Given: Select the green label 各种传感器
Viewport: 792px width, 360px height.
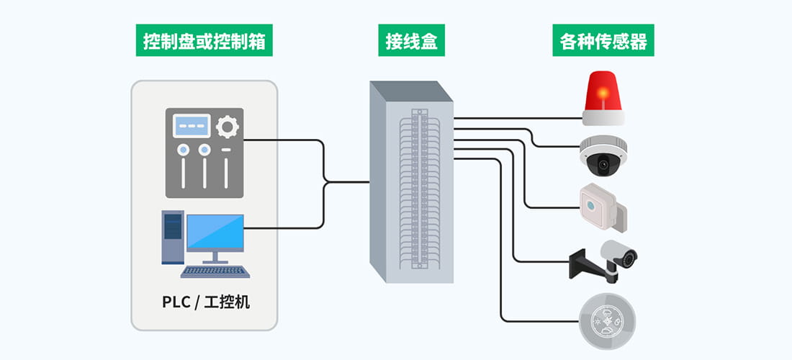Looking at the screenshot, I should point(603,42).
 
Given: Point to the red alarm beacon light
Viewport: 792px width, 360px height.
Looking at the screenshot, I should point(603,92).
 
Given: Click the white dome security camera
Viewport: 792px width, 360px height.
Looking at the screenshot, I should point(604,154).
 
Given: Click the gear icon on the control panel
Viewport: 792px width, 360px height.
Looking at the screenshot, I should point(228,127).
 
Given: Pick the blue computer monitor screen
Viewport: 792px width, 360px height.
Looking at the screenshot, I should point(215,232).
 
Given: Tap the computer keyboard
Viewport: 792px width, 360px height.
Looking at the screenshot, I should point(215,271).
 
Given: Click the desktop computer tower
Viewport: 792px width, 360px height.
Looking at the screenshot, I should point(173,236).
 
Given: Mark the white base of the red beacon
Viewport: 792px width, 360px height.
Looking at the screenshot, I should point(603,118).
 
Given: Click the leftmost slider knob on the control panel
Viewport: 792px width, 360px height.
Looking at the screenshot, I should point(184,150).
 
